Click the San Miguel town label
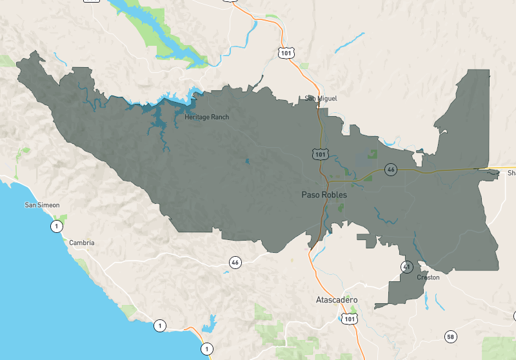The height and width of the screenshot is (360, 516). (x=321, y=98)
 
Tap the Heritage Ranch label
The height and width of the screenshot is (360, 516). (x=206, y=117)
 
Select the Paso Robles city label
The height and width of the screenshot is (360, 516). (x=324, y=194)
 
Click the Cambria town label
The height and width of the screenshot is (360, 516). (x=82, y=243)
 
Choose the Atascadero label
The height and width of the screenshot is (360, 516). (x=336, y=301)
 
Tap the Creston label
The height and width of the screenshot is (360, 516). (x=428, y=277)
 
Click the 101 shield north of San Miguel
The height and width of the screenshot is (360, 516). (x=286, y=52)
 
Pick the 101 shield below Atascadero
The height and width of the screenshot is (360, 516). (x=350, y=319)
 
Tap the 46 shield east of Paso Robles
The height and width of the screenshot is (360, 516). (x=390, y=170)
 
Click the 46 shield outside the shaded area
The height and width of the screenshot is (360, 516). (x=235, y=262)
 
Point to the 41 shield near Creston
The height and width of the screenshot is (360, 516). (x=407, y=266)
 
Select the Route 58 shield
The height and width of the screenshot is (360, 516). (x=451, y=336)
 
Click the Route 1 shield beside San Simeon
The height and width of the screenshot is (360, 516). (x=57, y=226)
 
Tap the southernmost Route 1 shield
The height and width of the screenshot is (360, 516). (x=206, y=348)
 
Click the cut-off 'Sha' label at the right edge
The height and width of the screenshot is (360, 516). (x=511, y=173)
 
